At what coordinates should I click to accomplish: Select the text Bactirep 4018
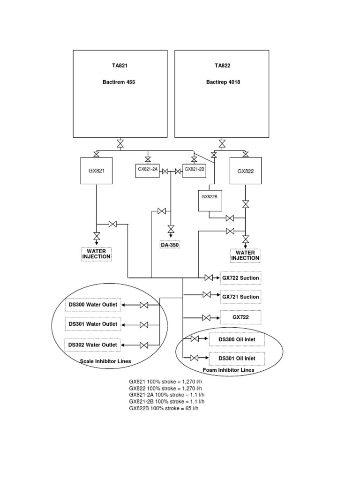[x=223, y=82]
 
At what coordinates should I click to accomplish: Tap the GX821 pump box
[x=96, y=171]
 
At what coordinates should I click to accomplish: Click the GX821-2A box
[x=148, y=170]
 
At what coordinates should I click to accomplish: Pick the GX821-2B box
[x=195, y=170]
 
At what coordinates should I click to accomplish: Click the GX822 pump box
[x=245, y=171]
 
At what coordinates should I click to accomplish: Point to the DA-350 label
[x=171, y=245]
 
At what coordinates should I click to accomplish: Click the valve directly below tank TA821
[x=120, y=143]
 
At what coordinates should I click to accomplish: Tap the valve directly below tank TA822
[x=222, y=143]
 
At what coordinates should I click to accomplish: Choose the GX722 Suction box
[x=240, y=278]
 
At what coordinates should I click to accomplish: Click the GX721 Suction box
[x=240, y=297]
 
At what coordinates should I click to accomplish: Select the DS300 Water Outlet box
[x=93, y=305]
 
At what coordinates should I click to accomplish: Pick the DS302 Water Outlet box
[x=93, y=345]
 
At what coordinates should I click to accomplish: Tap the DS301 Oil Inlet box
[x=237, y=359]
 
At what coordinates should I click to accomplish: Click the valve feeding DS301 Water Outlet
[x=144, y=325]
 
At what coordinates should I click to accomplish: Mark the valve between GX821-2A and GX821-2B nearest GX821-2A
[x=165, y=172]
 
